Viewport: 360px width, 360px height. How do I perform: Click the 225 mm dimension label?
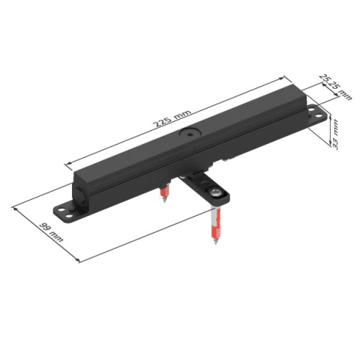pyautogui.click(x=172, y=119)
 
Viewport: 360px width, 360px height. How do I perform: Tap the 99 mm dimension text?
pyautogui.click(x=51, y=232)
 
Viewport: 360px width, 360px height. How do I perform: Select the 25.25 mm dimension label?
pyautogui.click(x=336, y=87)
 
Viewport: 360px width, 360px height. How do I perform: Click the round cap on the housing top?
pyautogui.click(x=189, y=133)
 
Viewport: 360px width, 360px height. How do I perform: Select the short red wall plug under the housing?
pyautogui.click(x=165, y=191)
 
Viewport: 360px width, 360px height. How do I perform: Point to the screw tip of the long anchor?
pyautogui.click(x=216, y=242)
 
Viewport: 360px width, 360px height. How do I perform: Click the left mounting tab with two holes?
pyautogui.click(x=64, y=212)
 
